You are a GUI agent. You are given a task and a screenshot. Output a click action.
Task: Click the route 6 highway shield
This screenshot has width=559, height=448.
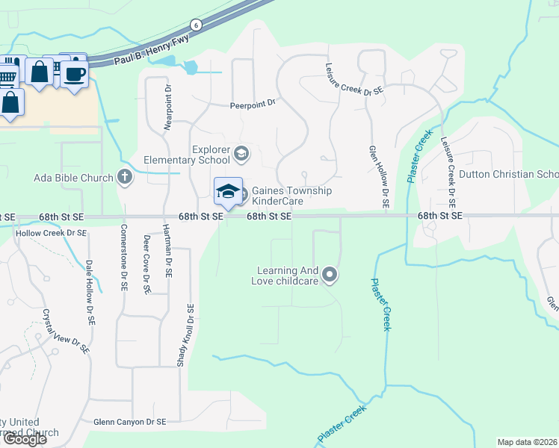coord(195,24)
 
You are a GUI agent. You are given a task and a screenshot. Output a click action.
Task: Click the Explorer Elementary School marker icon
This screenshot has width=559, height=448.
coord(241,155)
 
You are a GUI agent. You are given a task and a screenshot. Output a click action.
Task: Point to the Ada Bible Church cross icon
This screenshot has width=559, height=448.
coord(125,178)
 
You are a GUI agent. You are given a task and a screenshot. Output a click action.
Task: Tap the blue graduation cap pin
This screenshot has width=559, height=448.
coord(228,192)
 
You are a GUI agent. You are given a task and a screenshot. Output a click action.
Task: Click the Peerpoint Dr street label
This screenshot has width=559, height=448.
coord(253,105)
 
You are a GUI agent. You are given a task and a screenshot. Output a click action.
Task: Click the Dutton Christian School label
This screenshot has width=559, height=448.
coord(508,175)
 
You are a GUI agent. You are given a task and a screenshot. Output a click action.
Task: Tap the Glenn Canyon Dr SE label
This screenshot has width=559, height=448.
coord(129,422)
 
